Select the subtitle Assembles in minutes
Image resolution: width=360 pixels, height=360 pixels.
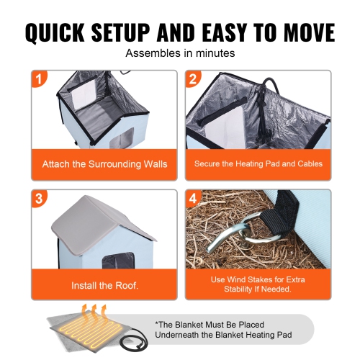click(180, 53)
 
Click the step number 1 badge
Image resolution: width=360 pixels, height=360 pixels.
click(39, 78)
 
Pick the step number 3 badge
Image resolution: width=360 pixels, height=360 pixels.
click(39, 197)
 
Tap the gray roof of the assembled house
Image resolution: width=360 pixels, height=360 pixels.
click(108, 220)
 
